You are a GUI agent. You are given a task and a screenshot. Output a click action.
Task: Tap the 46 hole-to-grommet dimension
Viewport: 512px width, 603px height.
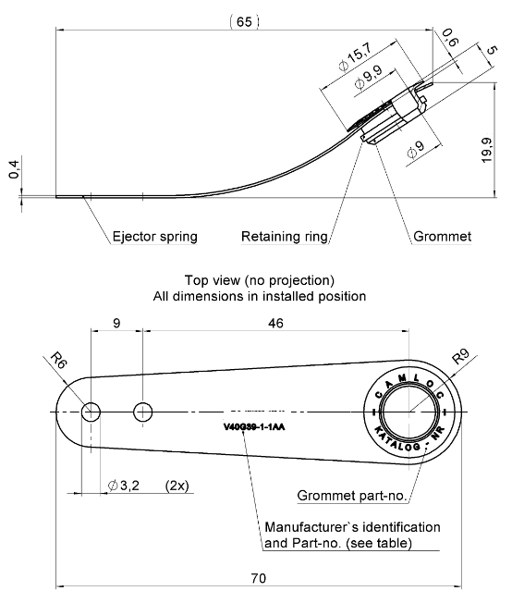coord(275,323)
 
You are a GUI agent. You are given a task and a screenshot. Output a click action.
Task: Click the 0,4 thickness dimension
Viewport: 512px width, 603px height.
coord(13,171)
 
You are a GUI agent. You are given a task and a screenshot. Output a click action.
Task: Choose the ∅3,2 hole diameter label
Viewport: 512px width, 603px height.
coord(124,485)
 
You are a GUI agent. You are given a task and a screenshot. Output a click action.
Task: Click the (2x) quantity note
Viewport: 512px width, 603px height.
coord(177,485)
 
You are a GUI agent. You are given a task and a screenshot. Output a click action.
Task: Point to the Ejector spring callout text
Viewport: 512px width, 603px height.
coord(154,237)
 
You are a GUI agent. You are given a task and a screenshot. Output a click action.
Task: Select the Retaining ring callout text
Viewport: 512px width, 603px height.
coord(285,237)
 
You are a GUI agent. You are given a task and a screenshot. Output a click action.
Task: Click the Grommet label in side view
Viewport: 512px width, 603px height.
coord(442,237)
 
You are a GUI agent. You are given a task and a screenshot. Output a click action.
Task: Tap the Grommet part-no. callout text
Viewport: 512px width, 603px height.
coord(352,497)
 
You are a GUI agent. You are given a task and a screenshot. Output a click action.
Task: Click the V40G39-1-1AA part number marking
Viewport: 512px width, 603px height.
coord(254,428)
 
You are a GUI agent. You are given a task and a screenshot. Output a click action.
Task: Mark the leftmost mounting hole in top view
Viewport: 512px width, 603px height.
coord(91,412)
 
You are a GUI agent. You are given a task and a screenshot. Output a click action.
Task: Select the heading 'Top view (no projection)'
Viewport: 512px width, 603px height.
coord(259,280)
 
